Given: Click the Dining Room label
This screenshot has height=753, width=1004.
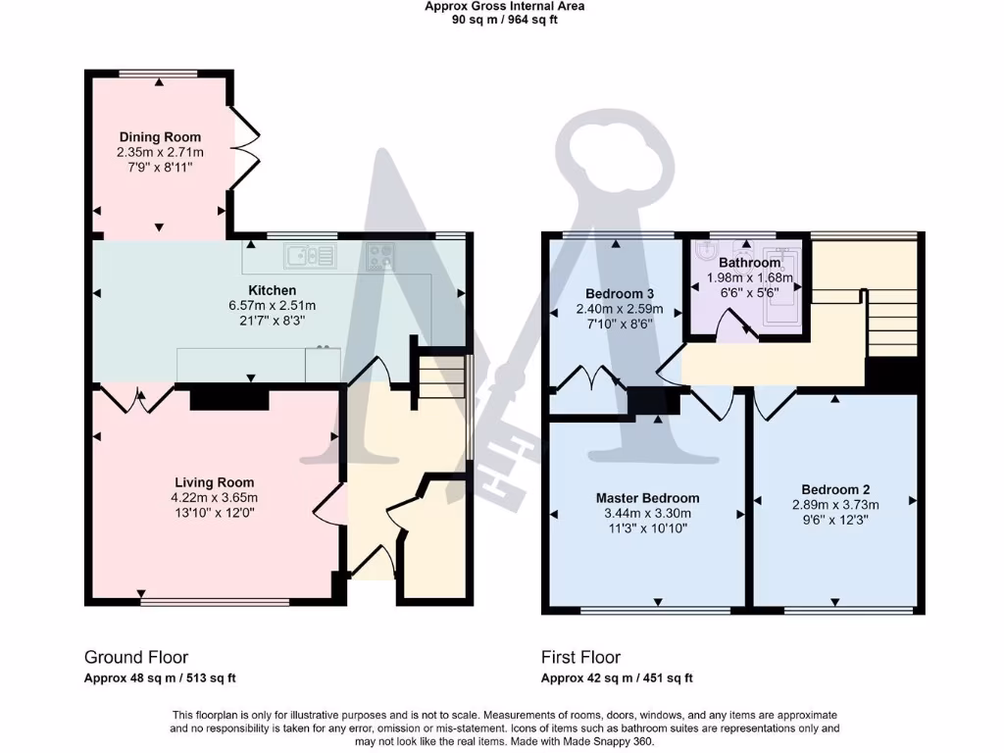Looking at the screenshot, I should [x=160, y=137].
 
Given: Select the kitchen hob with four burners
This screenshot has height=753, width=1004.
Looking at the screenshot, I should [x=380, y=257].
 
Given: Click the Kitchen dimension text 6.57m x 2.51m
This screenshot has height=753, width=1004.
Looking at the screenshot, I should [x=272, y=306].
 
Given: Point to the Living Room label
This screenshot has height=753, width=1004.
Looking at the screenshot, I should [x=214, y=482].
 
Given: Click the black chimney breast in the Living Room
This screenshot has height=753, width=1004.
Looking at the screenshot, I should [x=228, y=399].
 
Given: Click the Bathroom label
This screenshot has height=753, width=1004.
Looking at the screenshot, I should [x=749, y=263].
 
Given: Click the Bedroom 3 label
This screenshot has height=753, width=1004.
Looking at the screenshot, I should [x=619, y=294].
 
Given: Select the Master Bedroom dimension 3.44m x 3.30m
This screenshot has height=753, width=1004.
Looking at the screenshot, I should [x=646, y=513].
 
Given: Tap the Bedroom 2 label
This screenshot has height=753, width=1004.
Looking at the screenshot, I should [x=835, y=489].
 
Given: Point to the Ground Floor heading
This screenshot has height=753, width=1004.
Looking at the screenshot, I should [x=136, y=657].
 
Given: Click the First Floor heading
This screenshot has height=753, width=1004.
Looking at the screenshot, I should [x=580, y=657].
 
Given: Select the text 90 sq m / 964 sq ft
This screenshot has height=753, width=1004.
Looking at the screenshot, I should [x=504, y=20].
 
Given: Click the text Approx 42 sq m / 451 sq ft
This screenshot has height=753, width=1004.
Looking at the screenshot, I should [x=617, y=678].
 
